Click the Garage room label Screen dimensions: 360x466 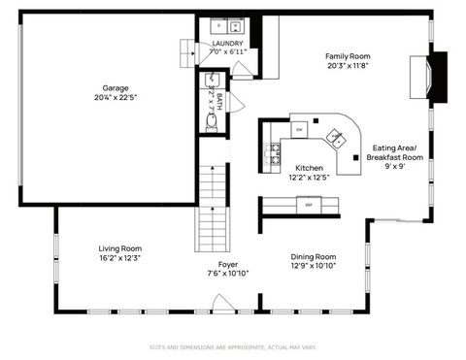116,87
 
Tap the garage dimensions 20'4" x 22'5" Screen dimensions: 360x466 116,97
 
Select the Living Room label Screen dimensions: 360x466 119,248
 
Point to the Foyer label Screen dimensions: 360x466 228,264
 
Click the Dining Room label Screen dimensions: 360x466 314,257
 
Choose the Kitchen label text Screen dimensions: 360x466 309,168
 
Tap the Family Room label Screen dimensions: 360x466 348,56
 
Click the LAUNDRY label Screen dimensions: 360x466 228,44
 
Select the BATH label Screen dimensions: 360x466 219,98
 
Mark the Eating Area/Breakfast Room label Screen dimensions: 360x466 394,152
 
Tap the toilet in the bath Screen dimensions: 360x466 212,121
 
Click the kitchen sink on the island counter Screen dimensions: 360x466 336,137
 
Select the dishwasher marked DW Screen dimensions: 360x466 300,128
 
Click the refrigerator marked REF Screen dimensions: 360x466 310,205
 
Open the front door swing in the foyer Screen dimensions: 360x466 223,303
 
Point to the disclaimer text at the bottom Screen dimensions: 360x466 233,346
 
